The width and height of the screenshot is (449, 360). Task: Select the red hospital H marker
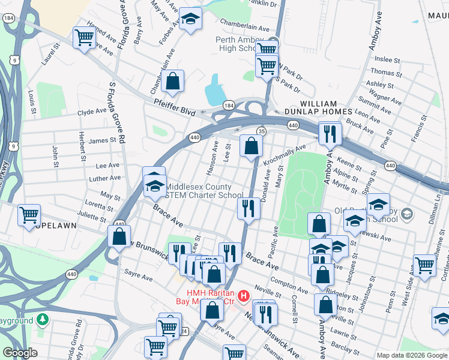coord(243,296)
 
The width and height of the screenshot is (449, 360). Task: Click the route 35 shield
coord(261,131)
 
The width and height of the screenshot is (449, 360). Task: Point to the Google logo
coord(19,353)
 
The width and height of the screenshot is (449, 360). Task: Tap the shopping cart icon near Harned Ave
coord(85,38)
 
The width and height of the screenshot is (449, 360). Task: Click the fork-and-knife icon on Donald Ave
coord(248,208)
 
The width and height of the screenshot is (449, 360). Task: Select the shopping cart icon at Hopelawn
coord(29,215)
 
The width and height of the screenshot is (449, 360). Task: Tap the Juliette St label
coord(92,215)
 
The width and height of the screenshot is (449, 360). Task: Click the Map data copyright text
coord(412,355)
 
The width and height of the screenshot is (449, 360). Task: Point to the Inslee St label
coord(387,60)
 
